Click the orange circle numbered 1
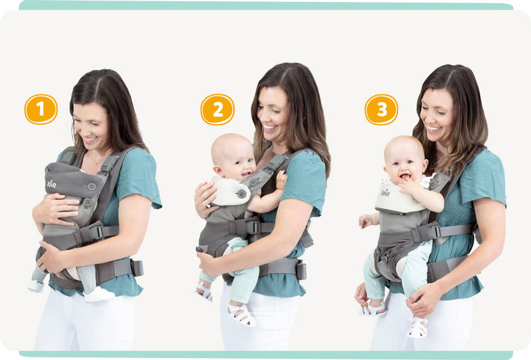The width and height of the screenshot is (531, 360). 41,109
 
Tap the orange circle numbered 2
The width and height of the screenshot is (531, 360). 217,109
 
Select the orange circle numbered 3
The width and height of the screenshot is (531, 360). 381,109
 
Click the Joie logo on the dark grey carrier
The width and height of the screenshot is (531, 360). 51,184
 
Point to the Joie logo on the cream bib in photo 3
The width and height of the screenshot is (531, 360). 385,193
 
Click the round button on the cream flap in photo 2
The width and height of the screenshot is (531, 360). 241,194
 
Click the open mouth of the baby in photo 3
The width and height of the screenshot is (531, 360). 405,176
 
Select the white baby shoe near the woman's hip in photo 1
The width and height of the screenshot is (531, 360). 99,294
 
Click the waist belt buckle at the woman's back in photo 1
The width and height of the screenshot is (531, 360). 137,268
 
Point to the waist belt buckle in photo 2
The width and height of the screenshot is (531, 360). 300,270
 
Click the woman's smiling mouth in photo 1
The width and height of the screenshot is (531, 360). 90,139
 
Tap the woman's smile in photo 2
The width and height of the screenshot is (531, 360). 270,127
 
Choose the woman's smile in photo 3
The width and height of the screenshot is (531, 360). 434,128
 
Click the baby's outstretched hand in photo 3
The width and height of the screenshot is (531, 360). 365,221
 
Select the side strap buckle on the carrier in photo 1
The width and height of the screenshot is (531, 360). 97,232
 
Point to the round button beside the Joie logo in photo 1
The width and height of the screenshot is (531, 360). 91,186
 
